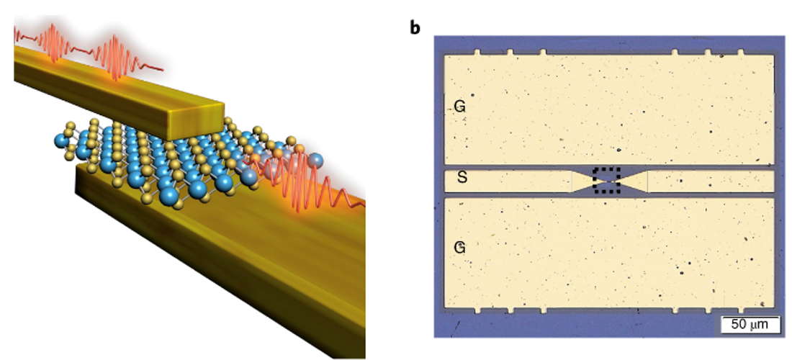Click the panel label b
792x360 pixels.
tap(415, 28)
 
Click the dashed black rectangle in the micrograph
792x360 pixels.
tap(606, 180)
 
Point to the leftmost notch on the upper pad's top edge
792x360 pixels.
tap(477, 53)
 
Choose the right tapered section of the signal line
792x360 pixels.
tap(634, 181)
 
